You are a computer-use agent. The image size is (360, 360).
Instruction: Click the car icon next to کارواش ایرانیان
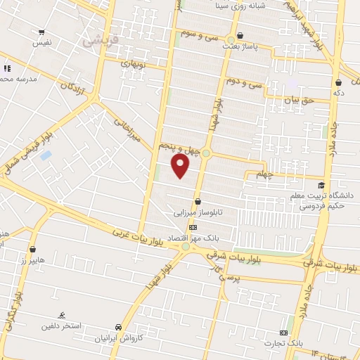(x=120, y=328)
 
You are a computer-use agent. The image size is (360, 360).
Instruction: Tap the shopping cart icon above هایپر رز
(x=32, y=249)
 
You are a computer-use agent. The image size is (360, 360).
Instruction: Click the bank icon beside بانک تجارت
(x=283, y=333)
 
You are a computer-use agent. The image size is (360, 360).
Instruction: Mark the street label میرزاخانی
(x=127, y=131)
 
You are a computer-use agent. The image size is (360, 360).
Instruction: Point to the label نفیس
(x=42, y=43)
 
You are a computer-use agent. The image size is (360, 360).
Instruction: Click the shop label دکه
(x=338, y=92)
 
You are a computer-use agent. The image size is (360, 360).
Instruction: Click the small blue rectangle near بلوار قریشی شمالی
(x=46, y=155)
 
